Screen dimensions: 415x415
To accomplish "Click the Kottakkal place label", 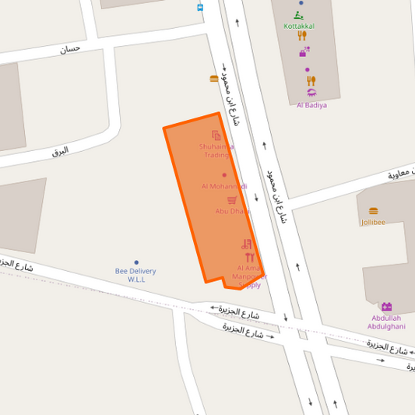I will point(299,26).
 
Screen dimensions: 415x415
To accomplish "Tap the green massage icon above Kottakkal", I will point(299,14).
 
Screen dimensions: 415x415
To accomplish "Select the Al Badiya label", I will point(311,105).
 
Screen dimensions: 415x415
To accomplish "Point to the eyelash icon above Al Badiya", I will point(311,93).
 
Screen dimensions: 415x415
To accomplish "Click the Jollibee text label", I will point(373,222).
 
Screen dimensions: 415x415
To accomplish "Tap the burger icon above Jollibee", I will point(373,211).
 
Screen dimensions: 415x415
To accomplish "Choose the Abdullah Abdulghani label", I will point(387,322).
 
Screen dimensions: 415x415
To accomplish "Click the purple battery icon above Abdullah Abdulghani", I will point(387,306).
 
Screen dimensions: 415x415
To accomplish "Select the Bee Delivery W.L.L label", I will point(135,275).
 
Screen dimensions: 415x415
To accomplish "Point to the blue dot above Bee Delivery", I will point(136,262).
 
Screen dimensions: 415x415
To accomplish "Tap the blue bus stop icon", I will point(200,7).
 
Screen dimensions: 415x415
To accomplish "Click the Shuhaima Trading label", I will point(216,150).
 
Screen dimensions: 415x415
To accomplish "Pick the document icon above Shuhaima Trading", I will point(216,135).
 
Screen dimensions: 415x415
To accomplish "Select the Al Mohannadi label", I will point(224,186).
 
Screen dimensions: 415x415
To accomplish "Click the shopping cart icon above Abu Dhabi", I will point(232,200).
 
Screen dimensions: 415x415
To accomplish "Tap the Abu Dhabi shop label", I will point(232,211).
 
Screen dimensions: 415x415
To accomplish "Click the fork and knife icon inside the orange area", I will point(249,258).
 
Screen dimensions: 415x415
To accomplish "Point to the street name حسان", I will point(70,48).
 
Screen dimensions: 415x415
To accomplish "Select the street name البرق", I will point(60,150).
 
